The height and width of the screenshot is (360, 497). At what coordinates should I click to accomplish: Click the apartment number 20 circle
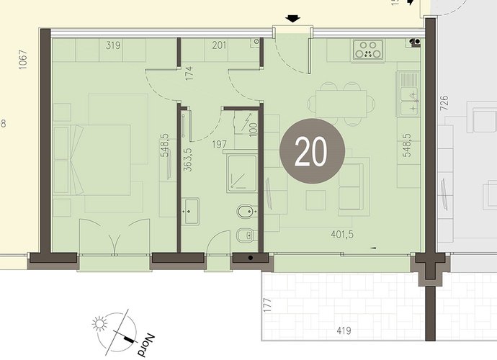point(312,151)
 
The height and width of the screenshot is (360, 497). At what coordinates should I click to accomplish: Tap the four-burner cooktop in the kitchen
point(368,50)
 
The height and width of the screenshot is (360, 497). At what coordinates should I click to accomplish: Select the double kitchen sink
point(408,94)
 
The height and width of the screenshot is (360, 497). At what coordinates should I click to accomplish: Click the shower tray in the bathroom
point(241,174)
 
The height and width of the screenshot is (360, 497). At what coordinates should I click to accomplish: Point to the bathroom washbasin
point(190,211)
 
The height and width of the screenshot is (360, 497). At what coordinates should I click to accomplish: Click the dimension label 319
point(113,45)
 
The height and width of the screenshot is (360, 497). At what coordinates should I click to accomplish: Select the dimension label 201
point(219,45)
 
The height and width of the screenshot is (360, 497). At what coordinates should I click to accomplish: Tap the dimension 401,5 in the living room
point(342,235)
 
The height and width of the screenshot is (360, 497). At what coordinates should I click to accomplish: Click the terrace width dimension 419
point(344,331)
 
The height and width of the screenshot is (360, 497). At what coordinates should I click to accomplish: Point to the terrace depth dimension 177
point(268,305)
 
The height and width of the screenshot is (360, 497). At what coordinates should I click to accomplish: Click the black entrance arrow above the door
point(292,19)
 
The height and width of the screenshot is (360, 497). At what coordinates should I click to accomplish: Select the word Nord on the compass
point(145,345)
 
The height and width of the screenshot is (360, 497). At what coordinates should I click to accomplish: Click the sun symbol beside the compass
point(100,324)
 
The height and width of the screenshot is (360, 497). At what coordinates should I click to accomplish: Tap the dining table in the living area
point(341,104)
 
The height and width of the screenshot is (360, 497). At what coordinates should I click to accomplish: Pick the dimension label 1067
point(23,60)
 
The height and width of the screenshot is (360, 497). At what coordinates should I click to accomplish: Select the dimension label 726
point(444,103)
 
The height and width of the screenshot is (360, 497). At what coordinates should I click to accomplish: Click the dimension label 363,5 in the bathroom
point(188,159)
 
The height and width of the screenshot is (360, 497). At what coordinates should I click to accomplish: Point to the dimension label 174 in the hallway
point(189,73)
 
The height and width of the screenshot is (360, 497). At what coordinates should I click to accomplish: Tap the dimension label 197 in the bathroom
point(220,145)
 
